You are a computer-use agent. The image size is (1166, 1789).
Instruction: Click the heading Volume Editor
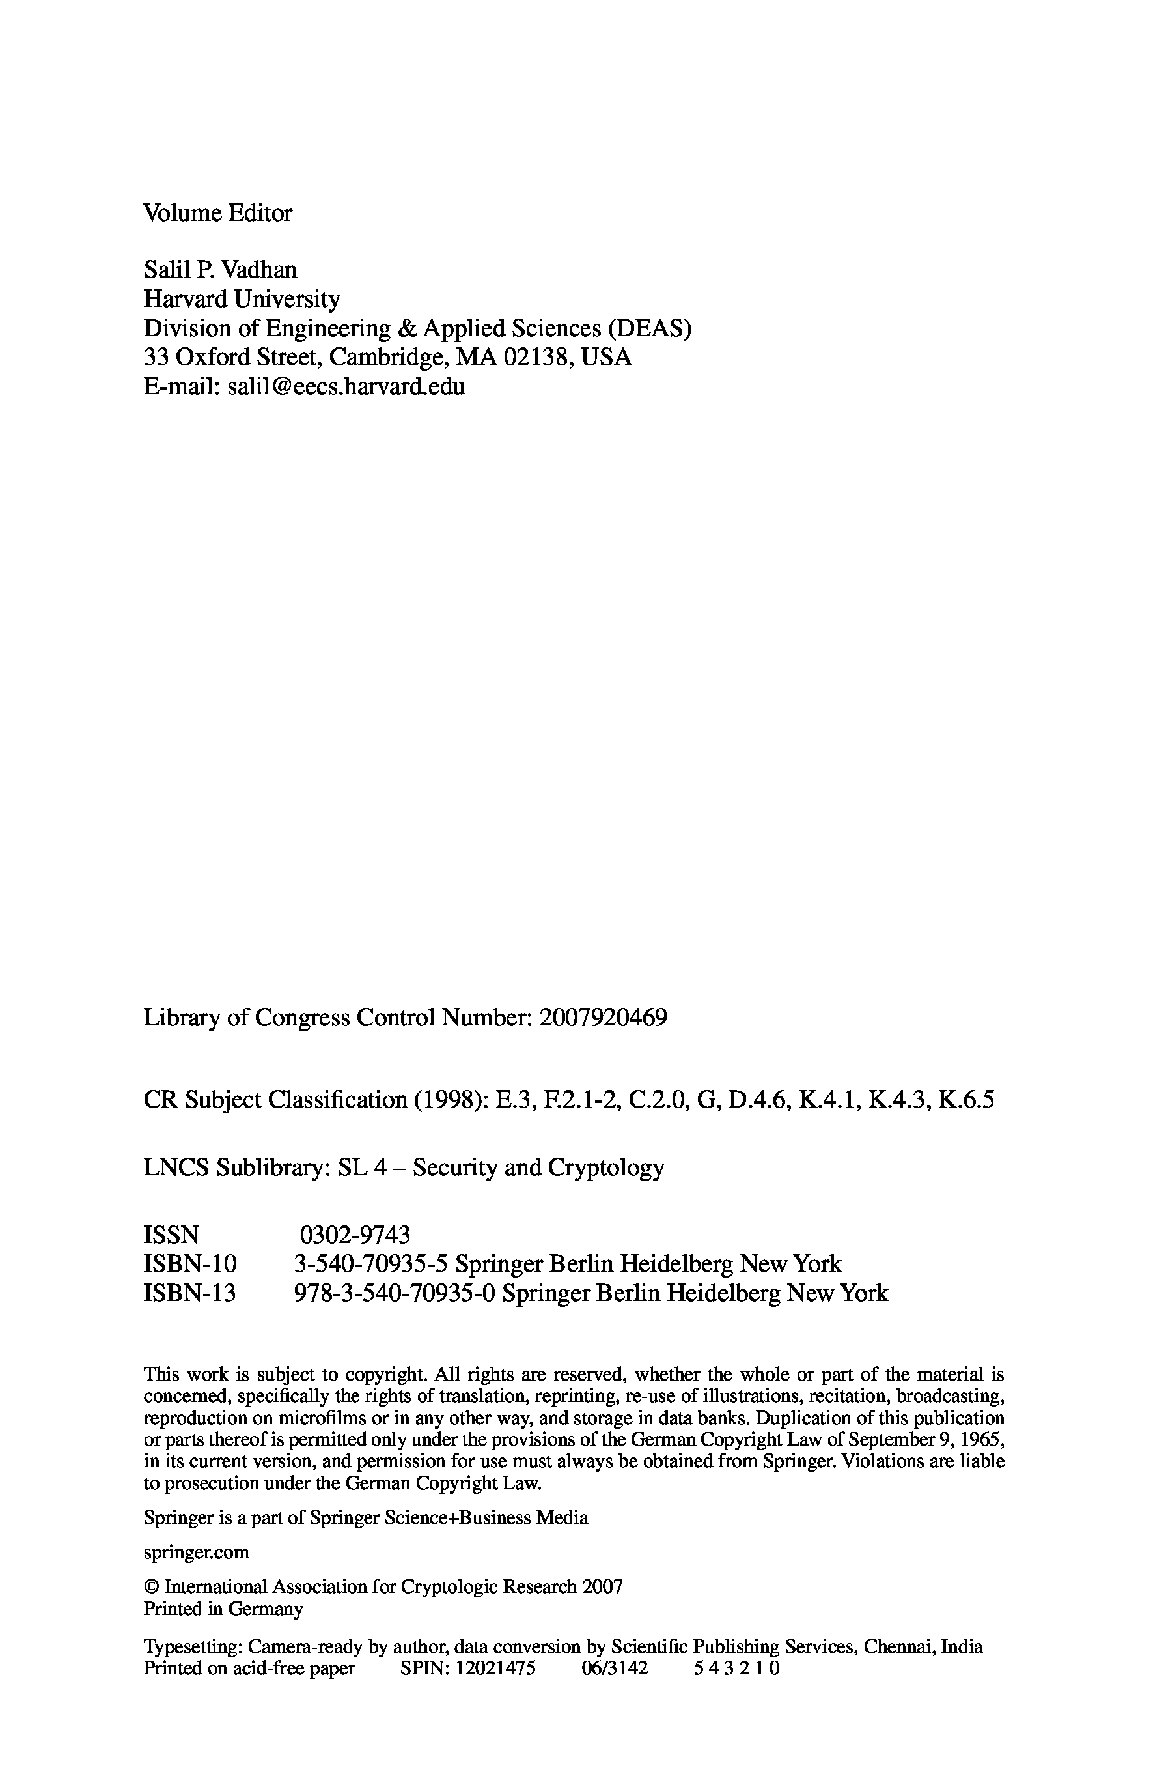pyautogui.click(x=217, y=214)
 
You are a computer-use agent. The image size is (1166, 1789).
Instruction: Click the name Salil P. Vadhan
pyautogui.click(x=220, y=270)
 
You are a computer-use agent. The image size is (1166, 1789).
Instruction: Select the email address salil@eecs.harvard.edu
pyautogui.click(x=346, y=386)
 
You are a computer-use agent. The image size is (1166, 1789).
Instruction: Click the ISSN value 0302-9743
pyautogui.click(x=355, y=1235)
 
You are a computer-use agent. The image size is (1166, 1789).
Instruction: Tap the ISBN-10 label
pyautogui.click(x=190, y=1264)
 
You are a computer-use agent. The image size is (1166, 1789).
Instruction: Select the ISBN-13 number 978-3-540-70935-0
pyautogui.click(x=395, y=1293)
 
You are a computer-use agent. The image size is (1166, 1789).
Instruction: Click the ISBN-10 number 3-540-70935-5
pyautogui.click(x=371, y=1264)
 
